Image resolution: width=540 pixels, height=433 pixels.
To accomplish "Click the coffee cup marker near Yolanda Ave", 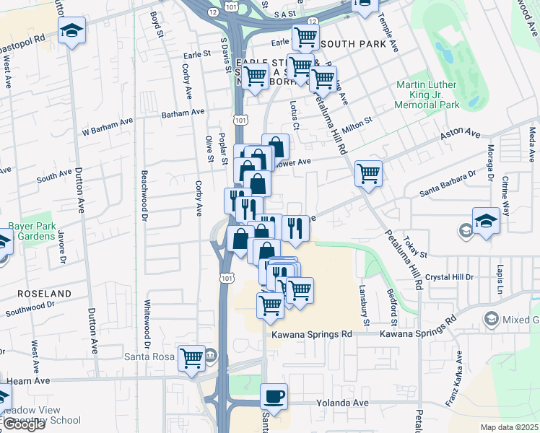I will [x=274, y=396].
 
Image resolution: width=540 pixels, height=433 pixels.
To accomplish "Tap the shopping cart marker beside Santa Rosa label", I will [x=192, y=357].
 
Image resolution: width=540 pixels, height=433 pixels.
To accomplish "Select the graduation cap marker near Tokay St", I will [x=487, y=222].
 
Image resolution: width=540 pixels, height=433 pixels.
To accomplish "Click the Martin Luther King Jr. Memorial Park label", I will [x=427, y=95].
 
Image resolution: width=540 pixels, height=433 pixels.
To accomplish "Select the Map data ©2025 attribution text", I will [x=509, y=427].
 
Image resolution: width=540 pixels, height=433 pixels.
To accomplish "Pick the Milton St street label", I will [x=357, y=124].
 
